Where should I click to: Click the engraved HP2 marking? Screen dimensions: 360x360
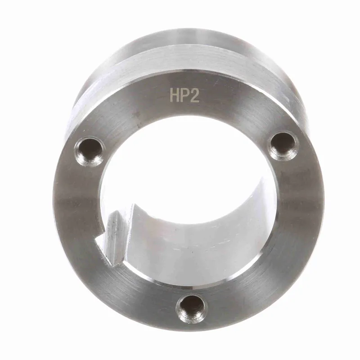[x=184, y=95]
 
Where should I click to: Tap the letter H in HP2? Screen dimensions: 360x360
[x=175, y=95]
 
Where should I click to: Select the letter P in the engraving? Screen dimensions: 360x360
[x=184, y=95]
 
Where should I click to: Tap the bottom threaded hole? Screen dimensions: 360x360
[x=192, y=308]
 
